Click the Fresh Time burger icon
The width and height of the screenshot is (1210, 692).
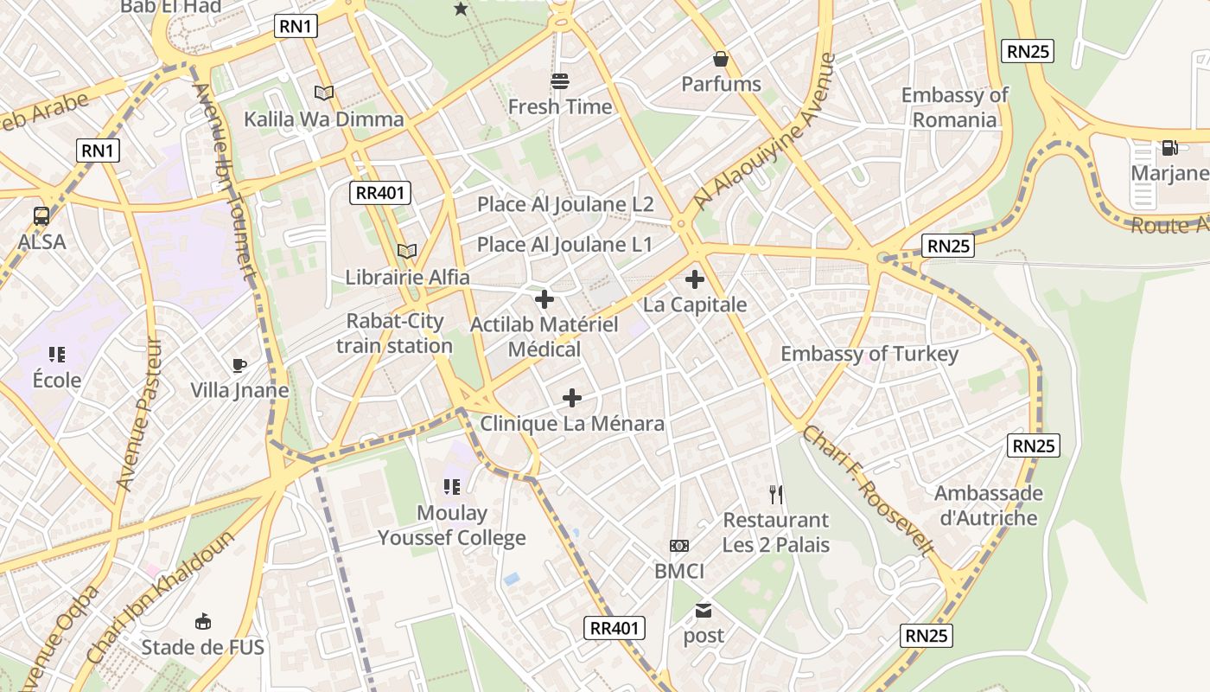pos(560,81)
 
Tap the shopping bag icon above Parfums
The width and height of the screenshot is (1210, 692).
pos(720,59)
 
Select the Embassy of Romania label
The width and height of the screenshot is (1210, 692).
pos(954,107)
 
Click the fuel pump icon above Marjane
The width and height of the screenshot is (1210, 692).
pos(1169,148)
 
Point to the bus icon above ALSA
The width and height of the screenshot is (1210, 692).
pos(41,216)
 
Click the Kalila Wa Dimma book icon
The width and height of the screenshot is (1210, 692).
pos(324,93)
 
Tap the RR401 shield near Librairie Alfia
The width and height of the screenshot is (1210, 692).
pos(380,192)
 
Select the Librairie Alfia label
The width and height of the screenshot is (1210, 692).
pos(407,277)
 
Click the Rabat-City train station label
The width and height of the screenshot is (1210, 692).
pos(394,333)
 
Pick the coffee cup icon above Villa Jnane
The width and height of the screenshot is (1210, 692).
pos(239,365)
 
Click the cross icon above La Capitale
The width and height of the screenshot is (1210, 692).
pos(694,279)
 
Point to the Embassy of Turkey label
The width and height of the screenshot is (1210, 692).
pos(869,354)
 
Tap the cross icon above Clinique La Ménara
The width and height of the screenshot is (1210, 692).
pos(571,398)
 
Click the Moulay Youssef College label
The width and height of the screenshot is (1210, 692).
pos(451,525)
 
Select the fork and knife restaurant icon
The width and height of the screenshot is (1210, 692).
pos(776,495)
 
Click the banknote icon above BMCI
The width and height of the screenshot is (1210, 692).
pos(679,546)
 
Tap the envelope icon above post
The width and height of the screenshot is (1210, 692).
pos(704,611)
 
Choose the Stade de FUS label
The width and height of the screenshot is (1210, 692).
pos(202,647)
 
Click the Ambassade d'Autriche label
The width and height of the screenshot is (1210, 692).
pos(988,505)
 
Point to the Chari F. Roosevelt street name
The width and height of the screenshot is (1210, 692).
pos(868,490)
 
